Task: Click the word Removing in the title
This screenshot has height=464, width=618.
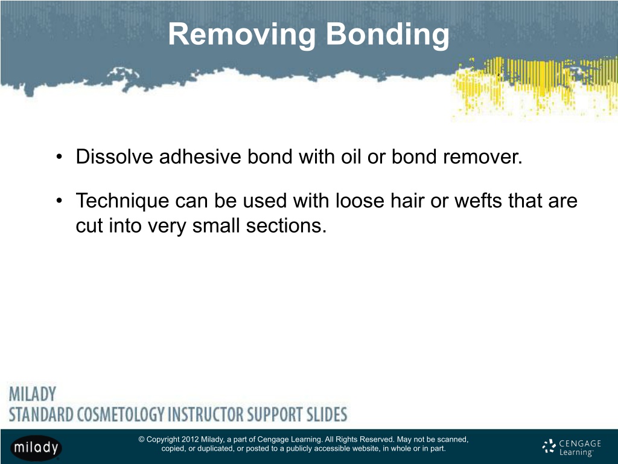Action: click(x=242, y=34)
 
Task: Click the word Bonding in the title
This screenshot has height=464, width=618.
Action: click(x=387, y=34)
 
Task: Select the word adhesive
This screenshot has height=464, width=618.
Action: click(x=200, y=156)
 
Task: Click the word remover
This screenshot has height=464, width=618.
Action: click(x=482, y=156)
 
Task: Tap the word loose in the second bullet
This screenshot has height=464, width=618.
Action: click(x=360, y=201)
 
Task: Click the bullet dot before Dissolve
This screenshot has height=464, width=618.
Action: click(x=59, y=157)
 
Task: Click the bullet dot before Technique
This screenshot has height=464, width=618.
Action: click(x=59, y=201)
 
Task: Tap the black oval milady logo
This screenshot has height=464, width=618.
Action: click(x=36, y=448)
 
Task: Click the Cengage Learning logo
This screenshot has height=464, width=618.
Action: click(x=572, y=448)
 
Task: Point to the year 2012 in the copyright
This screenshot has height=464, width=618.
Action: click(x=190, y=440)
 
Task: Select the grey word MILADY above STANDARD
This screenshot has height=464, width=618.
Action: click(x=33, y=394)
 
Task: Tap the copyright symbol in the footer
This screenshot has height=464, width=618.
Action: click(x=141, y=440)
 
